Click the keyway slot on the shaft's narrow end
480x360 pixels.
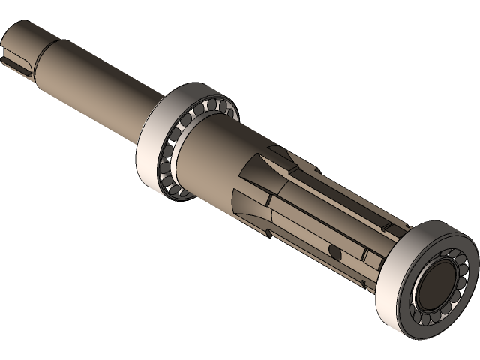pyautogui.click(x=16, y=58)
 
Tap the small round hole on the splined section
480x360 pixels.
pyautogui.click(x=332, y=250)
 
